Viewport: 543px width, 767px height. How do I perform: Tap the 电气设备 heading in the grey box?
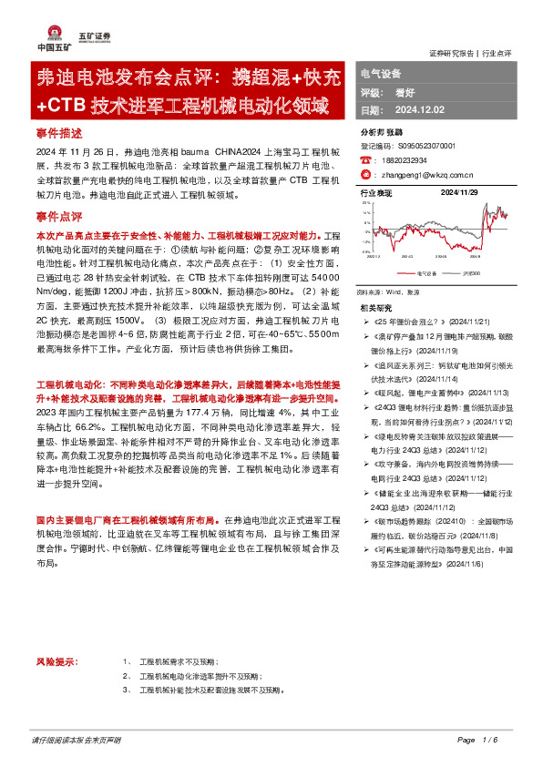(382, 73)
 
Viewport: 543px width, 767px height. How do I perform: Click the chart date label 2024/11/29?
(461, 193)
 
